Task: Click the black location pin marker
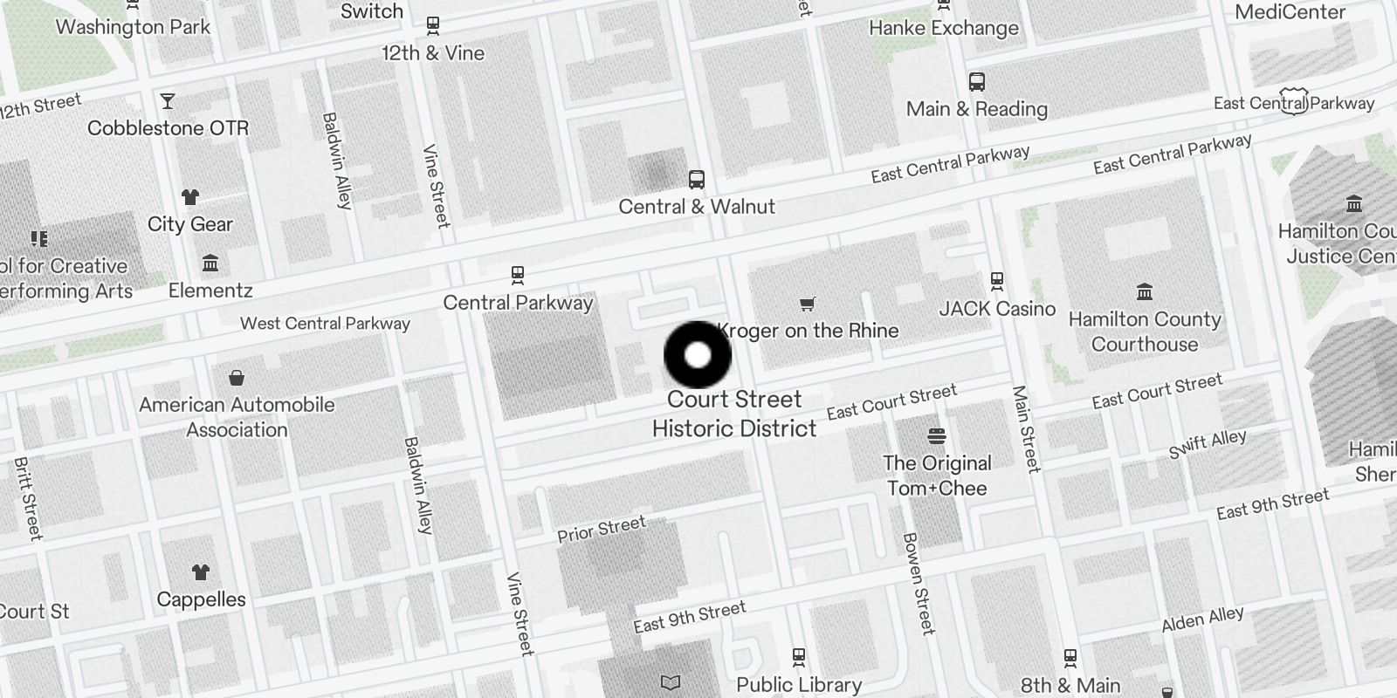pos(698,355)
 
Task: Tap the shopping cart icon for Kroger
pos(807,305)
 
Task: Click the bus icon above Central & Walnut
pos(696,181)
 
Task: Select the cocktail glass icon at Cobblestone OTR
pos(168,101)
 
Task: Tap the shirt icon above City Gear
pos(189,197)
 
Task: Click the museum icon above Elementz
pos(210,263)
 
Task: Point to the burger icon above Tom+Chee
pos(937,435)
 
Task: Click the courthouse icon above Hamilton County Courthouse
pos(1144,291)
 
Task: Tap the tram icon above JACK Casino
pos(996,281)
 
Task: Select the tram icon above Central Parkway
pos(518,276)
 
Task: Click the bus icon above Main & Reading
pos(977,82)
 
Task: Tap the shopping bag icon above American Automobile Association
pos(236,378)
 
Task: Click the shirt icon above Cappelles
pos(201,572)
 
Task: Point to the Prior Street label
pos(602,529)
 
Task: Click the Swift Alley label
pos(1208,444)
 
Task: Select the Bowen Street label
pos(918,583)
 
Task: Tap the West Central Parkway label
pos(325,324)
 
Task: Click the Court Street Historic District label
pos(734,414)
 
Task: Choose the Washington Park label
pos(133,27)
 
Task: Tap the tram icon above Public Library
pos(798,656)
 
